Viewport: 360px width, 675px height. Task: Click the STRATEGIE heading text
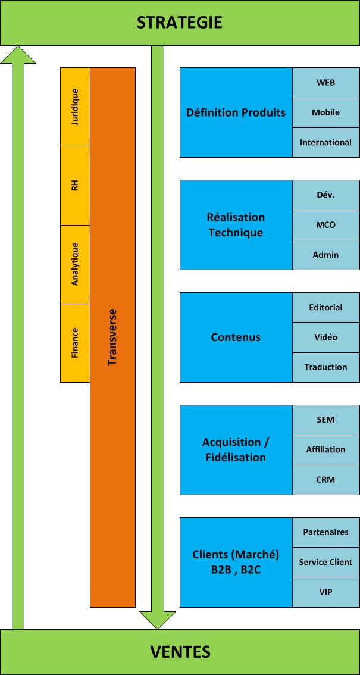coord(180,23)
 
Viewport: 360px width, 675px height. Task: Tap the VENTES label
coord(180,652)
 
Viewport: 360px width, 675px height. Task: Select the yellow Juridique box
coord(75,107)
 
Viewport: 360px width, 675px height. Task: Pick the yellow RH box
coord(75,186)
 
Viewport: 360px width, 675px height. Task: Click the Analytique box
coord(75,264)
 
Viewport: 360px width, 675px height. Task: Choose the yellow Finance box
coord(75,343)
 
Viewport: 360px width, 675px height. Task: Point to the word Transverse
coord(112,337)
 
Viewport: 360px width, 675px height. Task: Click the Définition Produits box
coord(236,112)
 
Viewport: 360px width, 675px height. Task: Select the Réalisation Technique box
coord(236,225)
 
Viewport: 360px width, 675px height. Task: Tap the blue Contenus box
coord(236,337)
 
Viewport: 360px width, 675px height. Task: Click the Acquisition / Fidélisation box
coord(236,450)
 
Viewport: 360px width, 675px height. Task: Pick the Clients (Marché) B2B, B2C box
coord(236,562)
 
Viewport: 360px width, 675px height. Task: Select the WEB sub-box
coord(325,82)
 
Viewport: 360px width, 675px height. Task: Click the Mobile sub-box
coord(325,112)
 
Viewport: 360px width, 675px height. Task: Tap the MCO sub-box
coord(325,225)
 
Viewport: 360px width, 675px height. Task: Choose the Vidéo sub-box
coord(325,337)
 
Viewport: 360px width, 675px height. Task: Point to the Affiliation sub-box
coord(325,450)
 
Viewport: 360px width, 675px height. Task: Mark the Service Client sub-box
coord(325,562)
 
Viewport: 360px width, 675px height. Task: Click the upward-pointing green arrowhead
coord(18,55)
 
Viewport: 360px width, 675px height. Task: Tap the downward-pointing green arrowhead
coord(158,619)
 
